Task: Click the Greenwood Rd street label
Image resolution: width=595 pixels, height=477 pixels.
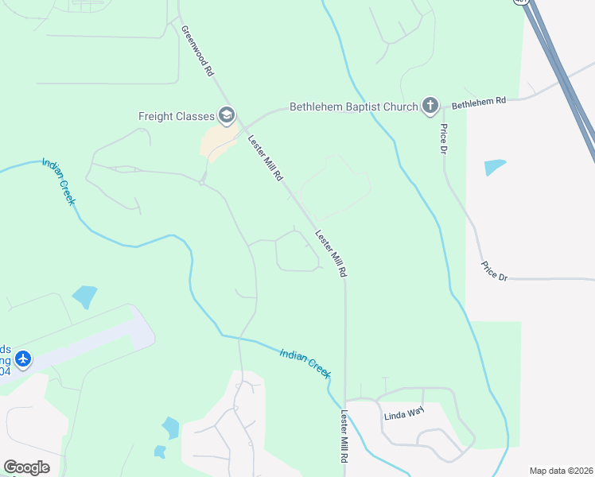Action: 198,51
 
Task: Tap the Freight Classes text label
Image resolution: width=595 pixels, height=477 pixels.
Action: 176,116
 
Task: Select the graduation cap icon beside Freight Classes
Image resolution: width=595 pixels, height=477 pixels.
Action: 227,116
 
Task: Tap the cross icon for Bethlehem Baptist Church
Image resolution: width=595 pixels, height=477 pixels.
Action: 430,105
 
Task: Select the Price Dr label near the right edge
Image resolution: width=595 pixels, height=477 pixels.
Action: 494,270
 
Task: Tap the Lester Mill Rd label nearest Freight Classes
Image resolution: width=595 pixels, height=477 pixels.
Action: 265,158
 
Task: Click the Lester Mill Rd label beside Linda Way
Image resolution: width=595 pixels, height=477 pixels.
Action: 344,436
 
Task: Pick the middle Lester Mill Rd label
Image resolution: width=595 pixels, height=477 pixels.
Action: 332,254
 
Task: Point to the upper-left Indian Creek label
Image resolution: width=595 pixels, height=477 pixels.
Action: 58,182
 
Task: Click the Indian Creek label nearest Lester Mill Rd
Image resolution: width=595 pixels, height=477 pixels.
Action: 305,363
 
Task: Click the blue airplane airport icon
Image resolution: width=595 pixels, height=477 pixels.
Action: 23,359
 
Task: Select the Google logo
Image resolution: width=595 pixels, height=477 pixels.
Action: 26,467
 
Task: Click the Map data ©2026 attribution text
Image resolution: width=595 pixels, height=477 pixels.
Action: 561,471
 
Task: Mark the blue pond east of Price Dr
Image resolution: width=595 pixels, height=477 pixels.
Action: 494,167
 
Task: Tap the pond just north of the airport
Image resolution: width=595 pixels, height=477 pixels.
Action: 84,297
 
